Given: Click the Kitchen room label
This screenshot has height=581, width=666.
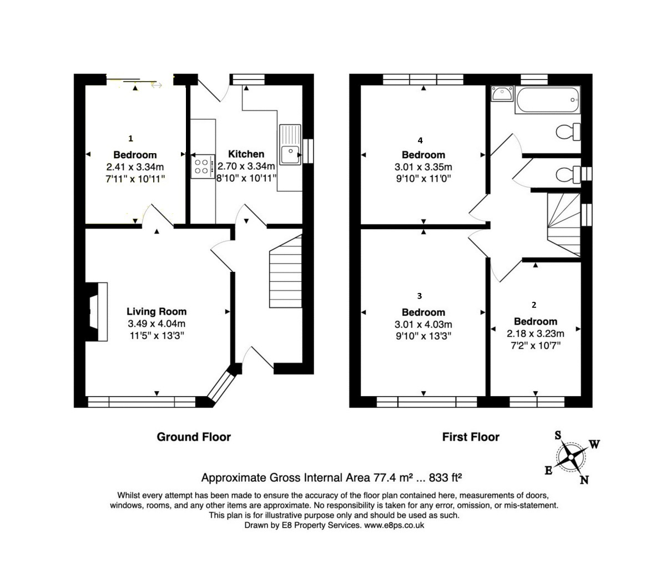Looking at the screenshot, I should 246,154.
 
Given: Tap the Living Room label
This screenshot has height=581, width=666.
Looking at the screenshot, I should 157,311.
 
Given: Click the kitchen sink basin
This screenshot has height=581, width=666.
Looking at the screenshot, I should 289,154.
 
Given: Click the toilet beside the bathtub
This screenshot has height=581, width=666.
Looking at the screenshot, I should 568,132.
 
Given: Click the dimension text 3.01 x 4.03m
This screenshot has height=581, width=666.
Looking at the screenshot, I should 423,325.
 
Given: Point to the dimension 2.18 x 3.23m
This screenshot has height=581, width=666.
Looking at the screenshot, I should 535,334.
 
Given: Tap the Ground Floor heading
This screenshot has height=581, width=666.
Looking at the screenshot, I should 194,437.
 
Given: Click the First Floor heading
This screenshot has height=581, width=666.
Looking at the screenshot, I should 471,437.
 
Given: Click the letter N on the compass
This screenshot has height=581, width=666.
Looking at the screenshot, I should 584,480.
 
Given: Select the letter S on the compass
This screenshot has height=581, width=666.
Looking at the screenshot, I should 558,435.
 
